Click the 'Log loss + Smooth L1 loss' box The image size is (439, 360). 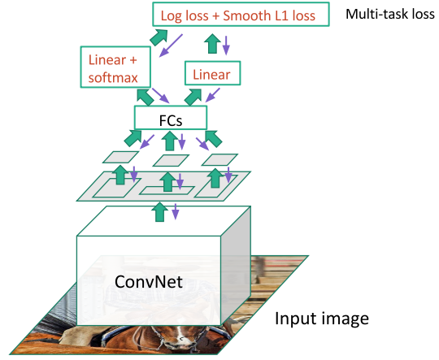click(241, 15)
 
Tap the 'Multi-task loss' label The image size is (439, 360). click(390, 14)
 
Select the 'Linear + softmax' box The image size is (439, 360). click(115, 67)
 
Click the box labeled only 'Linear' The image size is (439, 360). click(212, 73)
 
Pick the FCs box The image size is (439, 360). click(171, 118)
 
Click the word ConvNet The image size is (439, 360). click(149, 281)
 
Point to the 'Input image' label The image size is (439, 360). click(322, 319)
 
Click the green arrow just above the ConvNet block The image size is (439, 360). click(159, 212)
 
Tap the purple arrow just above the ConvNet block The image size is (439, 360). click(176, 211)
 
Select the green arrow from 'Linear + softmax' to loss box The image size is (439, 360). click(159, 37)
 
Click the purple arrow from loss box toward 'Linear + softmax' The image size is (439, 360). click(171, 46)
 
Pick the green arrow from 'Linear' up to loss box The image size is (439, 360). click(213, 43)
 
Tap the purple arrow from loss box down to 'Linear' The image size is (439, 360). click(226, 45)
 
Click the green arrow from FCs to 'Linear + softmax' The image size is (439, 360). click(145, 98)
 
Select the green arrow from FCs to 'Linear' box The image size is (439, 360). click(193, 98)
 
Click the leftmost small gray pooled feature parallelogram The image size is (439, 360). click(120, 157)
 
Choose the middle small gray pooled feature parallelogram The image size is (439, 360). click(171, 160)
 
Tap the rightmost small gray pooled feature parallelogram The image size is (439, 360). click(219, 159)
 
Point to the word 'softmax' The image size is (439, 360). click(113, 77)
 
